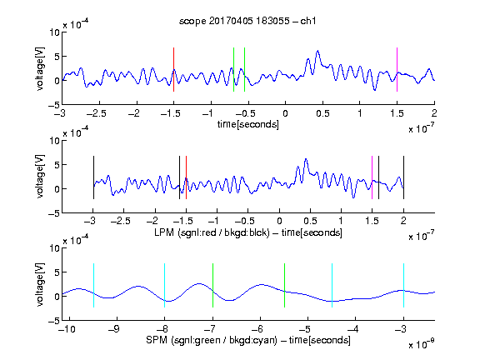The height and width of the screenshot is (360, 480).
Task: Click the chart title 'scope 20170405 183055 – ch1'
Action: [247, 21]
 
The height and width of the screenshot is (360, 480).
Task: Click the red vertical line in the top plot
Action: [173, 69]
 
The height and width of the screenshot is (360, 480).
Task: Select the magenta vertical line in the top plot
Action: [397, 69]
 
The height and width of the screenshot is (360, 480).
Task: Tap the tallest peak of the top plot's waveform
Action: [317, 51]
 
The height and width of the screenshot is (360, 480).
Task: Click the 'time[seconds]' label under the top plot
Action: [248, 124]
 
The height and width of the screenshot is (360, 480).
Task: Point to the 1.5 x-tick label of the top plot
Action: [397, 113]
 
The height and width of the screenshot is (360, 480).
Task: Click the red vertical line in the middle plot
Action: [186, 177]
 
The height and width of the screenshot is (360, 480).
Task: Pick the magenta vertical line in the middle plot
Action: [372, 177]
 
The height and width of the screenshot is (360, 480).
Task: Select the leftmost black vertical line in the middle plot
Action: [93, 177]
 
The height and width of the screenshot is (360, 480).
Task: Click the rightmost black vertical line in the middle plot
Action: [403, 177]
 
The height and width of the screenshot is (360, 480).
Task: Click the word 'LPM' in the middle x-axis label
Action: [164, 232]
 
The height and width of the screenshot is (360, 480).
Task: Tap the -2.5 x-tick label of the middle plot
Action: [120, 221]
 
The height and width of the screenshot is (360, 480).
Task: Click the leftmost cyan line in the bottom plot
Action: [93, 285]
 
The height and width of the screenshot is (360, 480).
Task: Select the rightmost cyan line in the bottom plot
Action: [403, 285]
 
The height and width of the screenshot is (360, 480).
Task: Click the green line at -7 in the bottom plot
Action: [212, 285]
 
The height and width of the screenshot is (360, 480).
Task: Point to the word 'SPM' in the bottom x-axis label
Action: [157, 340]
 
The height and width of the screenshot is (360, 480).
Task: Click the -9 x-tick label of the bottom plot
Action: [114, 329]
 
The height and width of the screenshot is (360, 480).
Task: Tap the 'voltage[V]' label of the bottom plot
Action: [40, 285]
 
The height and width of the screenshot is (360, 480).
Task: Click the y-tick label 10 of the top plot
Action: [55, 32]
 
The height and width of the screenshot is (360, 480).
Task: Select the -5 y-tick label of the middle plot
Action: [54, 213]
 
